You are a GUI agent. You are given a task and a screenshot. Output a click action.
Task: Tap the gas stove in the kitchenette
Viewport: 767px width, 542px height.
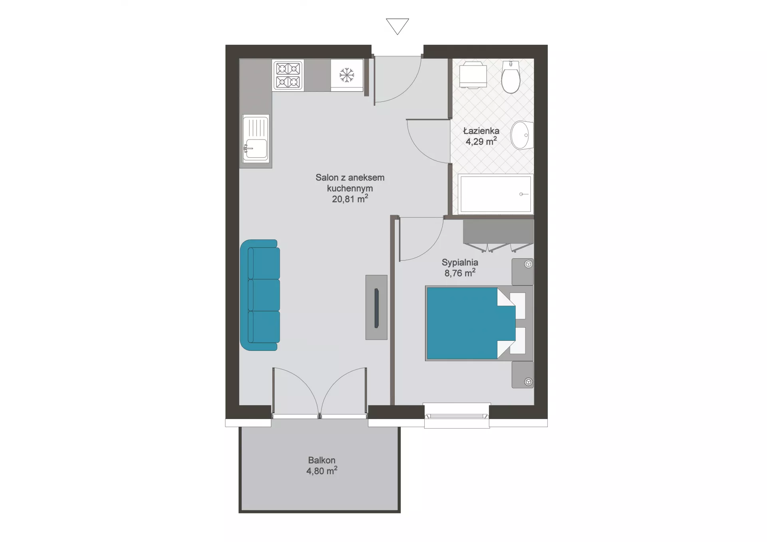(288, 75)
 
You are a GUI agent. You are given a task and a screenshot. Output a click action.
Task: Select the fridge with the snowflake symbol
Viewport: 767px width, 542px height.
(347, 75)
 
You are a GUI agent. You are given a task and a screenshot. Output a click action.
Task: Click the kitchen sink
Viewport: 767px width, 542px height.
(256, 138)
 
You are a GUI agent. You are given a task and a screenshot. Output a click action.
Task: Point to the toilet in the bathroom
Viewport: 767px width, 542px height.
(511, 77)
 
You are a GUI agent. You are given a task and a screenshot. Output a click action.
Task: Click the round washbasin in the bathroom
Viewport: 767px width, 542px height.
(522, 135)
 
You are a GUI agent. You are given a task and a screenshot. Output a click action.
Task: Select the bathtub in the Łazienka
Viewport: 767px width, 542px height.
(495, 194)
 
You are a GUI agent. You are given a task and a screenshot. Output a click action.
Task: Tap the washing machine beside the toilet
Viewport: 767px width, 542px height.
(473, 75)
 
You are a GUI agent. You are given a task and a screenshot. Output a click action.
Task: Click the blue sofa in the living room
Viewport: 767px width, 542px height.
(260, 295)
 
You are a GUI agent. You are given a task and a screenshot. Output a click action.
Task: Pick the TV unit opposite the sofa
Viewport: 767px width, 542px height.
(376, 307)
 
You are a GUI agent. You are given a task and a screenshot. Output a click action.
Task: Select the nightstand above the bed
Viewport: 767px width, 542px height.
(523, 272)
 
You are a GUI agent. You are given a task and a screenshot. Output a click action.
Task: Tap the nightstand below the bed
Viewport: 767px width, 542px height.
(523, 374)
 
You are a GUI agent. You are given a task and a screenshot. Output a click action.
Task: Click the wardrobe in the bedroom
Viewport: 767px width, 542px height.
(498, 236)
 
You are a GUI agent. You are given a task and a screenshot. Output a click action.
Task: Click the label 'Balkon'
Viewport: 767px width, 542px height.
(322, 460)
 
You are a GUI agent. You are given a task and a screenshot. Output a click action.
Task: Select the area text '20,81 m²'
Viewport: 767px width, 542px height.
(350, 198)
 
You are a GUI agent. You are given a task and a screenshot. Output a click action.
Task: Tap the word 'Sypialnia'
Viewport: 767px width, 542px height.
(460, 262)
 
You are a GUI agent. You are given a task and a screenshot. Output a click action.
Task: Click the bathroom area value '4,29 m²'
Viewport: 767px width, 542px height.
(481, 141)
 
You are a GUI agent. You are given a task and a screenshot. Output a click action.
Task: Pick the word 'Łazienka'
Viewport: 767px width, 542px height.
(481, 131)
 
